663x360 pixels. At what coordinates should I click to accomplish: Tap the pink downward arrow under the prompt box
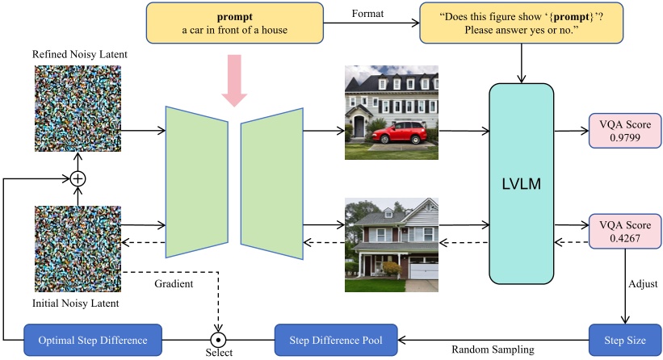[236, 79]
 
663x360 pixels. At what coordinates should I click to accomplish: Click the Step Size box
[625, 337]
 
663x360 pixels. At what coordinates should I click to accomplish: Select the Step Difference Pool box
[335, 337]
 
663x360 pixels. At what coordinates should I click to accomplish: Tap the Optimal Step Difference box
[93, 337]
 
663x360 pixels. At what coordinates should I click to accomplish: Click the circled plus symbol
[78, 178]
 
